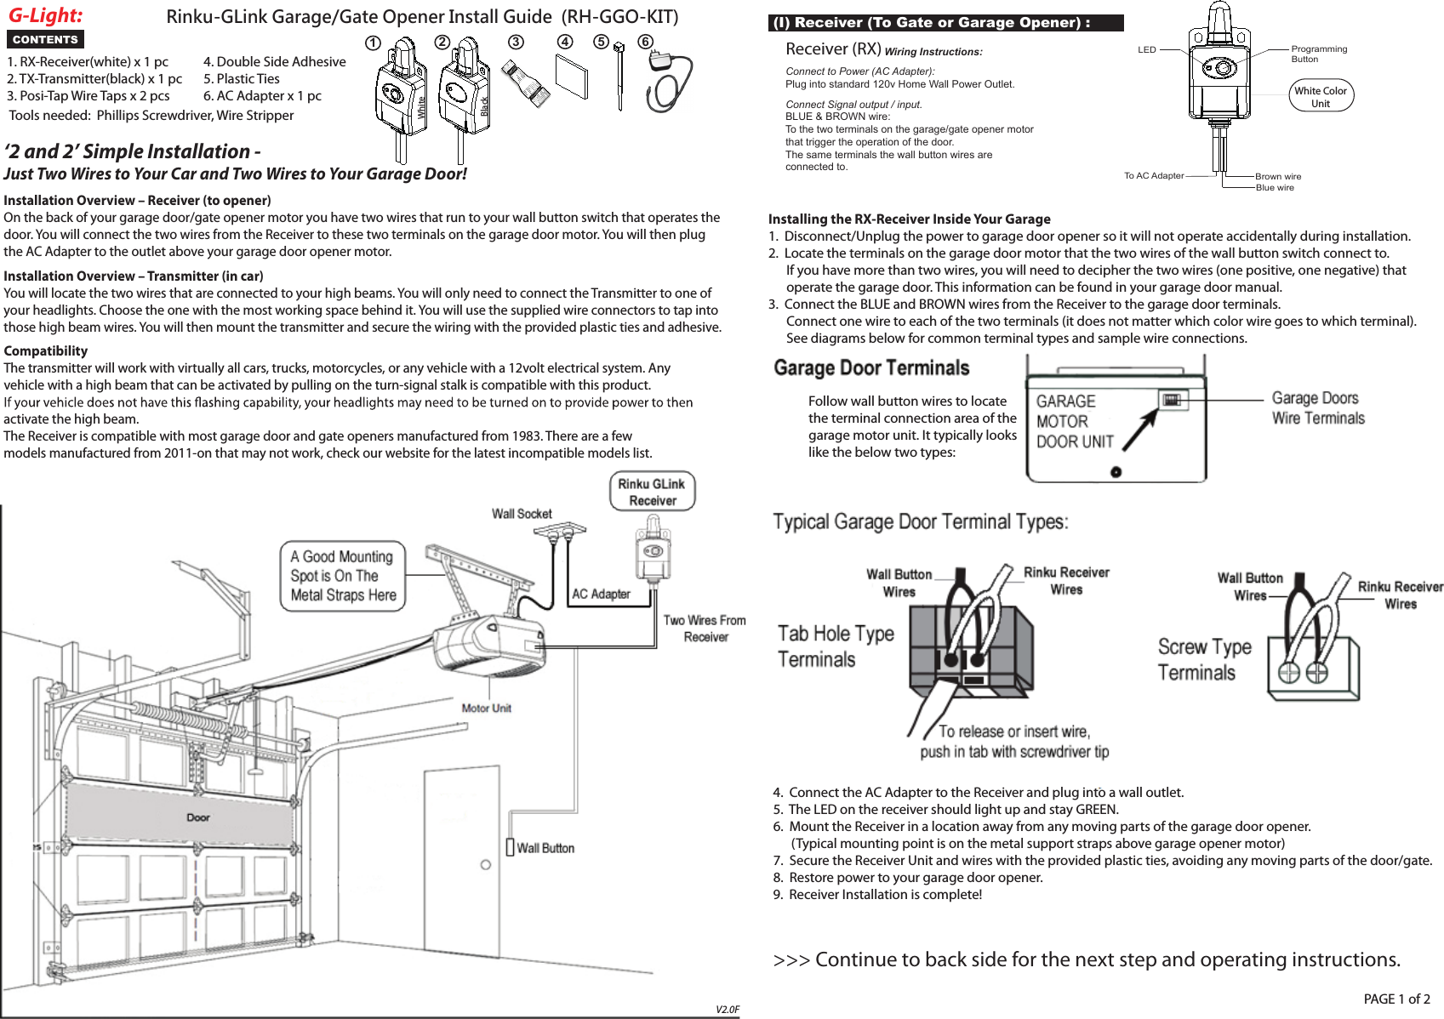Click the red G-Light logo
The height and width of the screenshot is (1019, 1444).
46,15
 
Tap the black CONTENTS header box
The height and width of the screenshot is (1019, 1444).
45,39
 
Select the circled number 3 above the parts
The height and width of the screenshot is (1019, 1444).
516,43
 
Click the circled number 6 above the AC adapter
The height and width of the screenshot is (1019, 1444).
645,42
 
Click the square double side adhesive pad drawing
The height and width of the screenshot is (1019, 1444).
572,77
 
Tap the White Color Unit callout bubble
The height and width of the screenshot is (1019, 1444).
1321,97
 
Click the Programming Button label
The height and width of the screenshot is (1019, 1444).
1318,54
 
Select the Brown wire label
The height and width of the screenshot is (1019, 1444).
1277,176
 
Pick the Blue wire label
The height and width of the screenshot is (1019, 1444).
1274,188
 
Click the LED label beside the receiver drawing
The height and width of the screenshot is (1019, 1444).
1147,49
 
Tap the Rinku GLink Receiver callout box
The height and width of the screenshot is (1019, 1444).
652,492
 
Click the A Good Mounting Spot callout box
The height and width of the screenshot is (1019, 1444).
342,576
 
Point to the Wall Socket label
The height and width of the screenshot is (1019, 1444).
522,514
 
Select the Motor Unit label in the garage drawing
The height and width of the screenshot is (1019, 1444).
486,708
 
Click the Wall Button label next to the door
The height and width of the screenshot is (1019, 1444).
545,848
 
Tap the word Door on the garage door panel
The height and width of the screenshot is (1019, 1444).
197,817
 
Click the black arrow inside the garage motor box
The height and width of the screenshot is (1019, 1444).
1139,430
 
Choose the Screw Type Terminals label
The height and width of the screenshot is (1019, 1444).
1204,659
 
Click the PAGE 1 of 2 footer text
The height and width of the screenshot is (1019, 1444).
1396,999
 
